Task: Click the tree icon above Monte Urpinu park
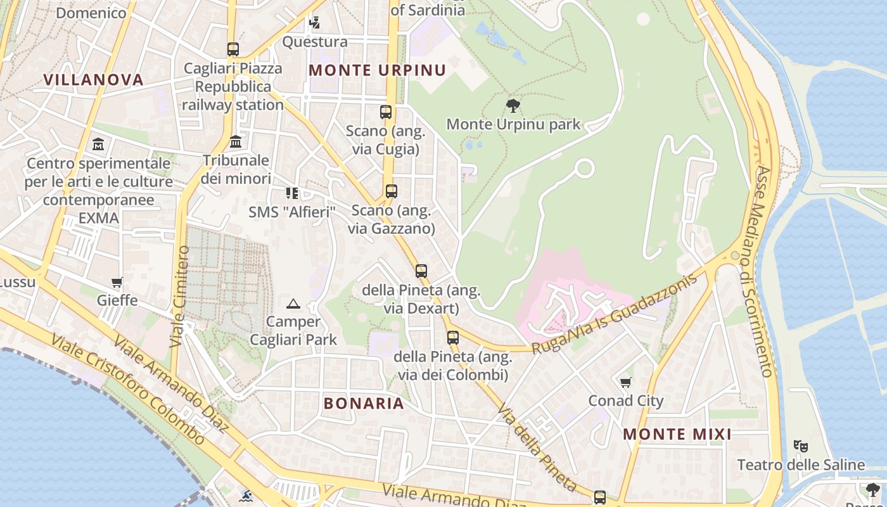pos(513,105)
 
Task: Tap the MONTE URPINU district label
pos(377,70)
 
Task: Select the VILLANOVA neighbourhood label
pos(93,79)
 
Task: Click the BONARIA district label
pos(364,403)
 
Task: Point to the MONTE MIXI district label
pos(677,434)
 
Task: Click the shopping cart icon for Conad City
pos(626,382)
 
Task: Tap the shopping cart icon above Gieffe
pos(117,282)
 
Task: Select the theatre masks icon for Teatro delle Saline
pos(801,446)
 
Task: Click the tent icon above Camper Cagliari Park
pos(293,304)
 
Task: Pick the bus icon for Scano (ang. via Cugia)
pos(386,112)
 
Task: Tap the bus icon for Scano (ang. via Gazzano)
pos(392,191)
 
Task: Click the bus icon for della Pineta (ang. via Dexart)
pos(421,271)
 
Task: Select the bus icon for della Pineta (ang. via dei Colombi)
pos(452,337)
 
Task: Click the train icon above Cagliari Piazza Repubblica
pos(233,49)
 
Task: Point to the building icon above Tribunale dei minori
pos(236,141)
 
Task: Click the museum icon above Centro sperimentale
pos(98,144)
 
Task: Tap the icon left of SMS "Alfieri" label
pos(291,193)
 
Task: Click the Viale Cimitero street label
pos(179,297)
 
